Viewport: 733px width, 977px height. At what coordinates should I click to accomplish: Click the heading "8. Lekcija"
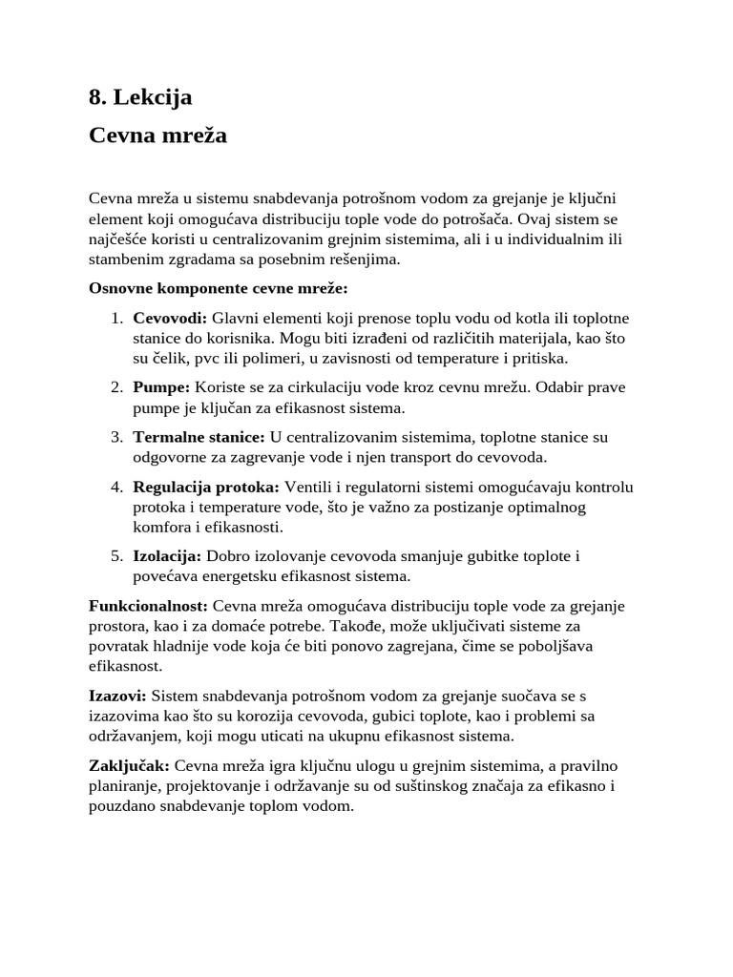click(140, 96)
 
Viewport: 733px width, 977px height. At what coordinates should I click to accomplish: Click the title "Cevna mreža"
click(157, 135)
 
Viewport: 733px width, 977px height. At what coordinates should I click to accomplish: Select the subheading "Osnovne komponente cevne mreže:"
click(219, 288)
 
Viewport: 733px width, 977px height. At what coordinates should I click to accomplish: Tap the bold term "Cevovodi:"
click(170, 318)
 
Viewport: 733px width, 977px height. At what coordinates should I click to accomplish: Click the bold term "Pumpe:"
click(161, 387)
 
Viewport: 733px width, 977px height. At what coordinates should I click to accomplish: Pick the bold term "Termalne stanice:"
click(199, 437)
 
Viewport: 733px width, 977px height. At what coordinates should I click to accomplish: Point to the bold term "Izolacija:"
click(167, 556)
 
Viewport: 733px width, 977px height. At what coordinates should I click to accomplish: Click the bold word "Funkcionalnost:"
click(148, 606)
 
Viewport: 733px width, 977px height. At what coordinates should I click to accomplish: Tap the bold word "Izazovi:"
click(117, 696)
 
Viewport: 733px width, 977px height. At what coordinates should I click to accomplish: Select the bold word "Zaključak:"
click(130, 765)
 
